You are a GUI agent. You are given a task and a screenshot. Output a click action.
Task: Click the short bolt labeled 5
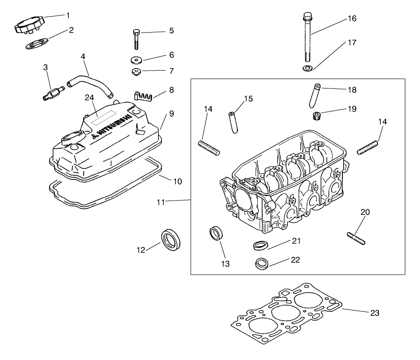tap(136, 38)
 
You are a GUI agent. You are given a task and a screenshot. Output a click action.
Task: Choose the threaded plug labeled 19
tap(317, 116)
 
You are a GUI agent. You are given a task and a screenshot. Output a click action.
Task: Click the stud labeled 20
tap(356, 238)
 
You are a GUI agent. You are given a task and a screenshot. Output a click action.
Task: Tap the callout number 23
tap(374, 313)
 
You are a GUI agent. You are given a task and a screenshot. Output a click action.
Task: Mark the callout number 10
tap(177, 182)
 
